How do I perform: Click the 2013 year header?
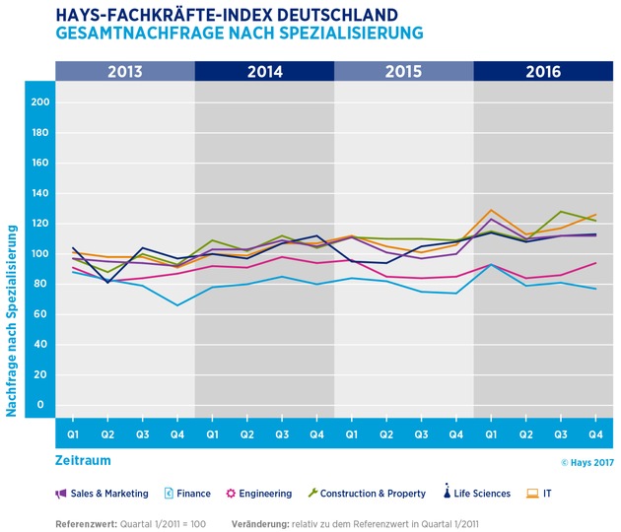point(125,71)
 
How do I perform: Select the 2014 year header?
point(264,71)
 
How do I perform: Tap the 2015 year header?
point(403,71)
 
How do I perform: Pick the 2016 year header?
point(542,71)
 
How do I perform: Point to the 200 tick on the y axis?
point(39,102)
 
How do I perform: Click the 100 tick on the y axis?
point(39,253)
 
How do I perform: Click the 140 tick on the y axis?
point(39,193)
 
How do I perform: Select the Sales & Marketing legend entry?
point(102,494)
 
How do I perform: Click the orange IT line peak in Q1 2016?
point(490,210)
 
